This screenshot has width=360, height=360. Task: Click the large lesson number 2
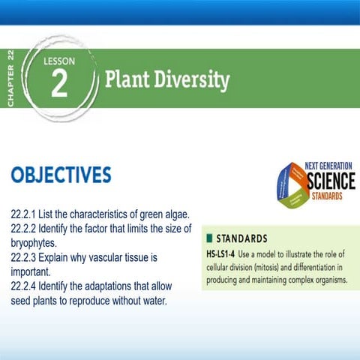[58, 85]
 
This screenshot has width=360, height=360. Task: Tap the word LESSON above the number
[59, 62]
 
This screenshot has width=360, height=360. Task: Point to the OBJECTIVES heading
[61, 175]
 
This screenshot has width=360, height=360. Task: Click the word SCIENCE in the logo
[331, 180]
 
